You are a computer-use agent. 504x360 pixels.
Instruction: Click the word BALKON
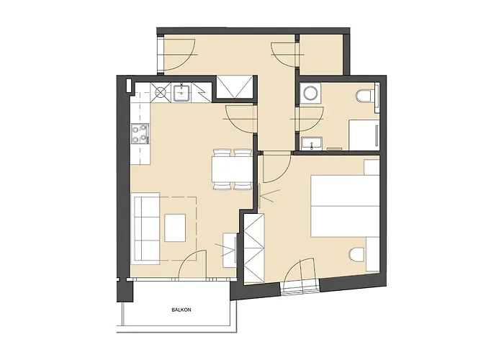(x=181, y=310)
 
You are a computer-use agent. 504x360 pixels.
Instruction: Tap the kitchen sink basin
(x=183, y=93)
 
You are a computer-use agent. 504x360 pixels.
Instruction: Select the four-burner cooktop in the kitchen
(x=140, y=134)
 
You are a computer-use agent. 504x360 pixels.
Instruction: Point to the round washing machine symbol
(x=310, y=93)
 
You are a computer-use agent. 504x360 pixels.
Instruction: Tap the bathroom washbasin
(x=312, y=143)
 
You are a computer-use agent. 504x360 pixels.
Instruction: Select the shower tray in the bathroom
(x=364, y=135)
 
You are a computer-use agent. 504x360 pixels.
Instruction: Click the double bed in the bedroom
(x=345, y=206)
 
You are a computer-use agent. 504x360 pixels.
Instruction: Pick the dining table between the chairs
(x=231, y=169)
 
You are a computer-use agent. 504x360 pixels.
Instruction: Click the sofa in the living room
(x=147, y=228)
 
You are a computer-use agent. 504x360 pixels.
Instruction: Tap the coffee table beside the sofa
(x=175, y=228)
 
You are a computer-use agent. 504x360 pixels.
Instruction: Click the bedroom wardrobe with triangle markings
(x=254, y=248)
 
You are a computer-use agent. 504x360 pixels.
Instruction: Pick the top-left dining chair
(x=222, y=153)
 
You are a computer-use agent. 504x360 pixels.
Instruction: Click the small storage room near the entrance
(x=321, y=55)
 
